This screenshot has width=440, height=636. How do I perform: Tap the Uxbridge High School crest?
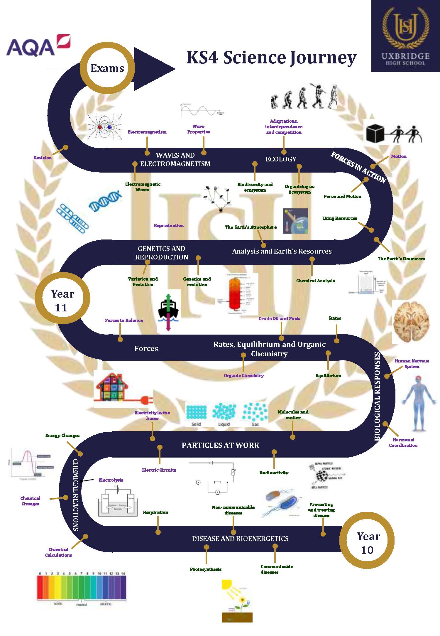[405, 36]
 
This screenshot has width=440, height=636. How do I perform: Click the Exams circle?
[107, 68]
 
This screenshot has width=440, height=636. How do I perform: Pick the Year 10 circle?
[368, 543]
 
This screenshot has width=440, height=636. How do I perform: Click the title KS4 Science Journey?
[271, 57]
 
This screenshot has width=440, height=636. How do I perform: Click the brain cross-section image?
[411, 322]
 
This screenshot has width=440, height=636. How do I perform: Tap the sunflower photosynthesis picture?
[237, 600]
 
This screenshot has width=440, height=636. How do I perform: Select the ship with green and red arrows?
[168, 311]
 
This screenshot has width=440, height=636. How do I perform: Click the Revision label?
[43, 158]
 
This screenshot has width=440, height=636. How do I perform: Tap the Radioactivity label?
[274, 473]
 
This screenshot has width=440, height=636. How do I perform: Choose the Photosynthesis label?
[206, 569]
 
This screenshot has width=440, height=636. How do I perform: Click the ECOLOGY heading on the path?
[281, 159]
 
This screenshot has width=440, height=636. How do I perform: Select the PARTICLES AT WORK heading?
[221, 445]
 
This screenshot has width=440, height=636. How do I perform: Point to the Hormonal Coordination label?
[403, 442]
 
